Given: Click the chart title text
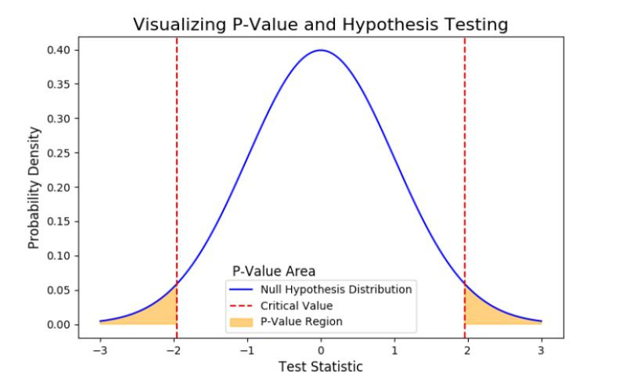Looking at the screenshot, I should (x=321, y=24).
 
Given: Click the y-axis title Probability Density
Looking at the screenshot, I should (x=34, y=187).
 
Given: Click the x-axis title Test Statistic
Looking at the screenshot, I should (x=321, y=364).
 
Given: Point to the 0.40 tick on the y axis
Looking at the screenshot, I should (x=59, y=50).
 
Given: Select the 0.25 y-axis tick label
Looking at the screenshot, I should (x=59, y=153).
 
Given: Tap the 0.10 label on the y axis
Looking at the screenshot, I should (x=59, y=256).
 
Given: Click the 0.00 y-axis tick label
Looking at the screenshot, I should (x=59, y=324).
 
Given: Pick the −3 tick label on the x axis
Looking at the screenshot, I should (x=99, y=349).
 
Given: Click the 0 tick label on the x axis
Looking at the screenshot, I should (x=321, y=349).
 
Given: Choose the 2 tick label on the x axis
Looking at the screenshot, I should (x=468, y=349).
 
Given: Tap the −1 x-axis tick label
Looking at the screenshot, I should (x=246, y=349).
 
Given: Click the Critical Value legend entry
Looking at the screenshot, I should (x=297, y=305).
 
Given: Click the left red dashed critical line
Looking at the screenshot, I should (x=176, y=157).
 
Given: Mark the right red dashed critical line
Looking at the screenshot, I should (x=465, y=157).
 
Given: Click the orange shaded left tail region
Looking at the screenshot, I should (x=160, y=312).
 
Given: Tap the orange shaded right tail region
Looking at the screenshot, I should (x=480, y=312).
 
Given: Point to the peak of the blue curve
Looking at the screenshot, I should (x=321, y=50).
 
